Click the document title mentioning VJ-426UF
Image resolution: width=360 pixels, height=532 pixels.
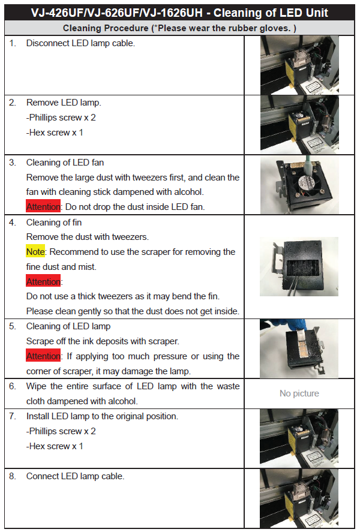[179, 13]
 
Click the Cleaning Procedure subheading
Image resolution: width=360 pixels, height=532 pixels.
[179, 28]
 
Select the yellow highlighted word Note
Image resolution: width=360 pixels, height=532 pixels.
[35, 252]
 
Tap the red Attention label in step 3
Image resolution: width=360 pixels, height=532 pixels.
[43, 207]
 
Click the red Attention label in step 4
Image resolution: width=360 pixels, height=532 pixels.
[43, 282]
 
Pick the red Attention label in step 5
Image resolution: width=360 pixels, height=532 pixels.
[43, 356]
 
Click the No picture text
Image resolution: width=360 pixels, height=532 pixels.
[299, 393]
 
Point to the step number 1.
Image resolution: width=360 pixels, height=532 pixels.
[13, 43]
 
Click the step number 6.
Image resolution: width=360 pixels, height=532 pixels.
[13, 386]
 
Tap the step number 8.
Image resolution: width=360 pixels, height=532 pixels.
[13, 476]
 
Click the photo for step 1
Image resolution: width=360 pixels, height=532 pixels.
[299, 65]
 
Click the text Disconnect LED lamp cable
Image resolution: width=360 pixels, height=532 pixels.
[80, 43]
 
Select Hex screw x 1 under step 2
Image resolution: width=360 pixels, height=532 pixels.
[55, 133]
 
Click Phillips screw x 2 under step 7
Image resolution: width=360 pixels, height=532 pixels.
[61, 431]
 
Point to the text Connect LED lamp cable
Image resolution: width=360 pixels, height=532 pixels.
[76, 476]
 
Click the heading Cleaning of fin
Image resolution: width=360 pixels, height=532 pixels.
[54, 223]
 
